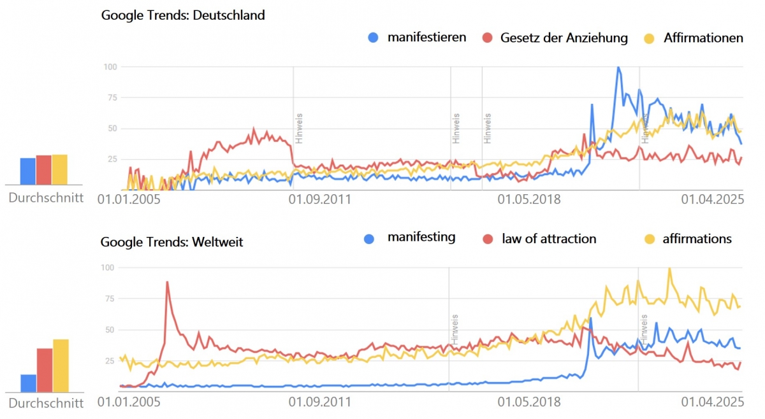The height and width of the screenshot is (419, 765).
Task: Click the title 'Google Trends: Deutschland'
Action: [183, 15]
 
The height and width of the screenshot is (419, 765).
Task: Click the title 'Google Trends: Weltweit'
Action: [171, 242]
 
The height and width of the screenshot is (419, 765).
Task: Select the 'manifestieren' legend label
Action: [426, 37]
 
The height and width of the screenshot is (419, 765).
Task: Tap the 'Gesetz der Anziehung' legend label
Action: [564, 38]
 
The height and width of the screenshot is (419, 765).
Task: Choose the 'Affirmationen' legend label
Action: [703, 38]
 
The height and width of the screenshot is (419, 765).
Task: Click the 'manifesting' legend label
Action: [421, 238]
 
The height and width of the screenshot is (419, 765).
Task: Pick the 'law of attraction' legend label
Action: [549, 239]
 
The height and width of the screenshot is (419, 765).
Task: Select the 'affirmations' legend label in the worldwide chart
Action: [697, 239]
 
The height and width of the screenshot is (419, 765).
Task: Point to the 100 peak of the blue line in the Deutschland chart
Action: [618, 67]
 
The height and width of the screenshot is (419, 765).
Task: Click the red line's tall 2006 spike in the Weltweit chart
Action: [167, 282]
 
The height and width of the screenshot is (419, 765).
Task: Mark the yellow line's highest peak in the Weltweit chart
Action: [669, 269]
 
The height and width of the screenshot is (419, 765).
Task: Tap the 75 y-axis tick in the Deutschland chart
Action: [112, 97]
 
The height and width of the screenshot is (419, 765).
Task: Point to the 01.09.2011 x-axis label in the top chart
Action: [320, 199]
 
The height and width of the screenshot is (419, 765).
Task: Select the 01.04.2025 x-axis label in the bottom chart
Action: [712, 402]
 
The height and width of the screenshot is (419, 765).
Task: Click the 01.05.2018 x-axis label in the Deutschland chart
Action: [529, 199]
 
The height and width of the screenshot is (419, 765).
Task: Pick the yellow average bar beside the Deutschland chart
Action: [59, 168]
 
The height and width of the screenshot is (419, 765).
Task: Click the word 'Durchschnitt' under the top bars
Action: [46, 197]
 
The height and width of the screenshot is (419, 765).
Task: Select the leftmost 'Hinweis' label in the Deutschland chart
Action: [298, 128]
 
